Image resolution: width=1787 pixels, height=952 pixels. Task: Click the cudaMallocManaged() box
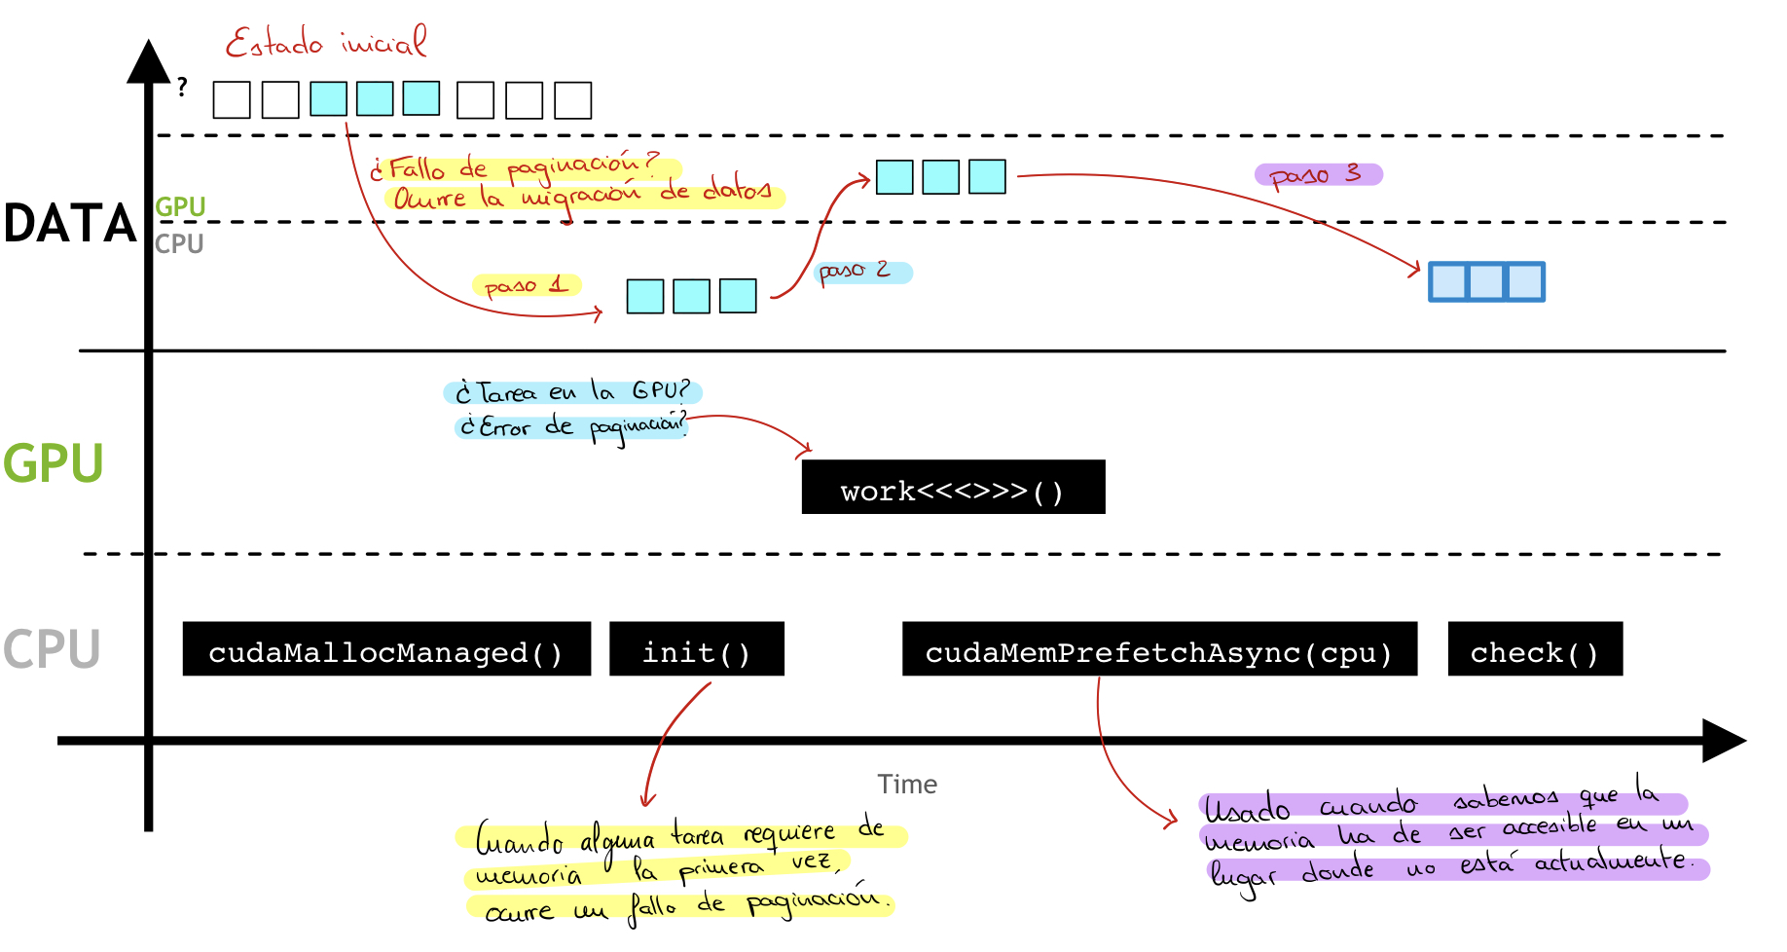coord(386,649)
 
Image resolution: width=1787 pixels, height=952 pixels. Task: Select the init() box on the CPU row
coord(697,649)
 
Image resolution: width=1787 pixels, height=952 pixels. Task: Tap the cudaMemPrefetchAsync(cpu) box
coord(1159,649)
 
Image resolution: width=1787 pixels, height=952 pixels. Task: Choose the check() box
coord(1535,649)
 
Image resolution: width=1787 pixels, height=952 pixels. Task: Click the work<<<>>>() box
coord(953,489)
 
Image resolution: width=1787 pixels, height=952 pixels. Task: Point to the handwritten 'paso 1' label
coord(527,285)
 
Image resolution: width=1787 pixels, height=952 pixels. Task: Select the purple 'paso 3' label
coord(1317,175)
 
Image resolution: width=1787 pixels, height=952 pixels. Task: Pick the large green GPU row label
coord(53,461)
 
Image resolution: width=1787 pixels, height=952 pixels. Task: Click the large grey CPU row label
coord(53,648)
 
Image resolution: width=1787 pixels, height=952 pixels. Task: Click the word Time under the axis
coord(907,785)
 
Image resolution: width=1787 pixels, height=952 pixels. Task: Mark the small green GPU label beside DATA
coord(180,206)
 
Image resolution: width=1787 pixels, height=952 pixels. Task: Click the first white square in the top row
coord(232,100)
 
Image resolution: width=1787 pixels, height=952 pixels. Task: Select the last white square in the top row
coord(573,100)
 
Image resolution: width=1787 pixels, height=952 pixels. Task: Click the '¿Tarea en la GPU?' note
coord(574,392)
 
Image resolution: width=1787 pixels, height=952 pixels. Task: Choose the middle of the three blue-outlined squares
coord(1486,281)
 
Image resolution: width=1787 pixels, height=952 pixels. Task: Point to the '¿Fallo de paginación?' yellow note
coord(521,167)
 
